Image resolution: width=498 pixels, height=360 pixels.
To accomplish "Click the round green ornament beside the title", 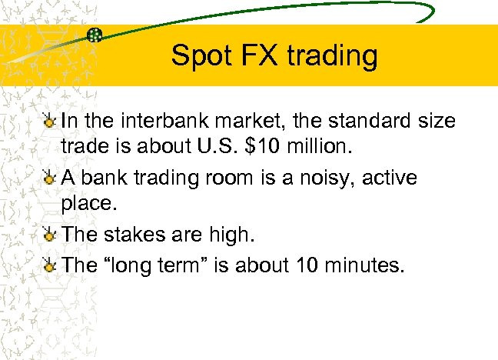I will pyautogui.click(x=95, y=34).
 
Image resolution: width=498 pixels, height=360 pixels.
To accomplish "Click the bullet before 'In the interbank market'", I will pyautogui.click(x=49, y=122).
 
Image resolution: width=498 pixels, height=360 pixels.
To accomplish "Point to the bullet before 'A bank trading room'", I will pyautogui.click(x=49, y=178).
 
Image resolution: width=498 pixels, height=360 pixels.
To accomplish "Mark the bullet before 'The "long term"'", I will pyautogui.click(x=49, y=265).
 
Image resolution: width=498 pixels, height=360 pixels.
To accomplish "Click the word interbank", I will pyautogui.click(x=161, y=121).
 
